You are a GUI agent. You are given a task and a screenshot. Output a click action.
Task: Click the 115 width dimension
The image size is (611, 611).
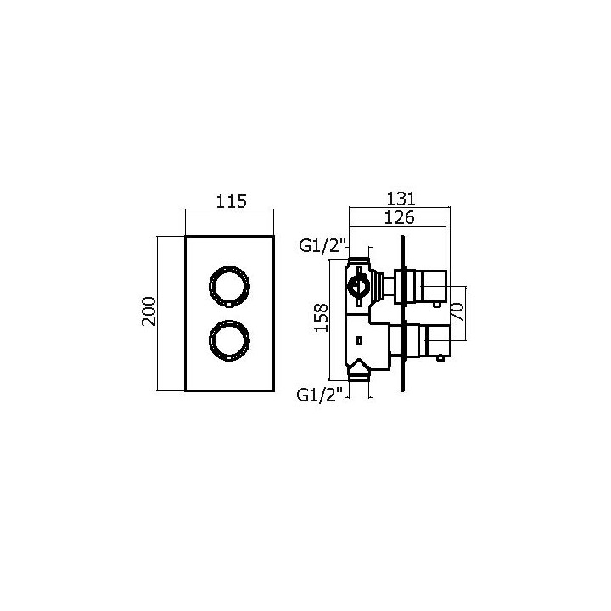coord(231,201)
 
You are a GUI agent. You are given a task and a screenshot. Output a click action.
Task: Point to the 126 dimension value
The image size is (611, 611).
coord(398,217)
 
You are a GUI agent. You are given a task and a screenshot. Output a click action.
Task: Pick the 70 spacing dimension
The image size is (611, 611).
coord(457,301)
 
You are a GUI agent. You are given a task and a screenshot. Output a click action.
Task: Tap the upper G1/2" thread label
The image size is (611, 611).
coord(324,247)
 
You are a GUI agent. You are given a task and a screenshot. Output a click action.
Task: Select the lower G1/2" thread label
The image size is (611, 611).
coord(324,395)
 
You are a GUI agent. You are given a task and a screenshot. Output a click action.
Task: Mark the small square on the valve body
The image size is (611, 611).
coord(359,341)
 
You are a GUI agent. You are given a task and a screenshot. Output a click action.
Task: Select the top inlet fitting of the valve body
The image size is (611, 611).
coord(361,258)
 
